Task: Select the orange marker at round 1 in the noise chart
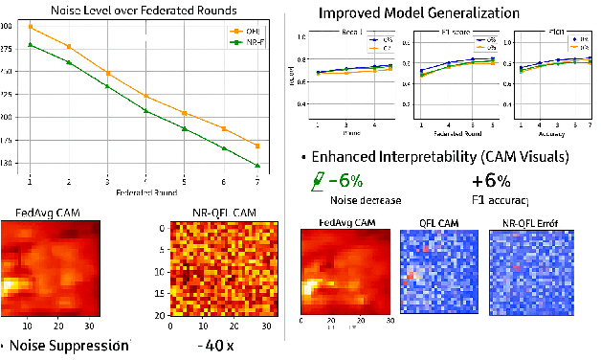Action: point(31,27)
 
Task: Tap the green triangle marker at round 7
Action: point(257,166)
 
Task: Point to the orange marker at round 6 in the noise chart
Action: point(223,128)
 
